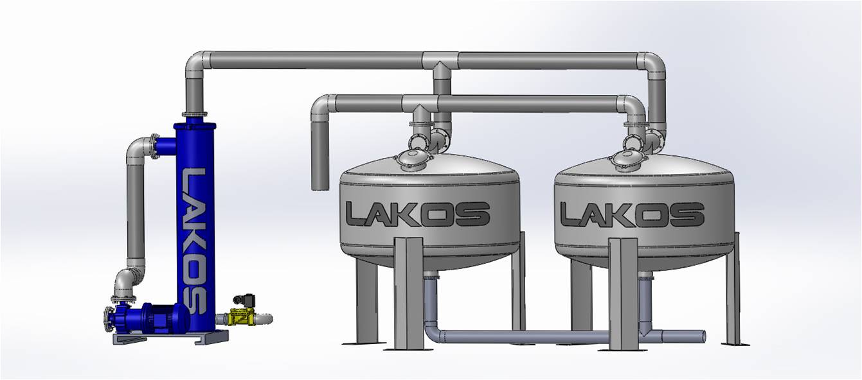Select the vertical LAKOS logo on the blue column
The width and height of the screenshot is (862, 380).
(195, 241)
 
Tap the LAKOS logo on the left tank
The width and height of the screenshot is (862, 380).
(418, 214)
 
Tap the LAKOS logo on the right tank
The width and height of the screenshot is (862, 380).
(632, 214)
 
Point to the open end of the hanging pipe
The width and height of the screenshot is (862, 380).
(319, 188)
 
